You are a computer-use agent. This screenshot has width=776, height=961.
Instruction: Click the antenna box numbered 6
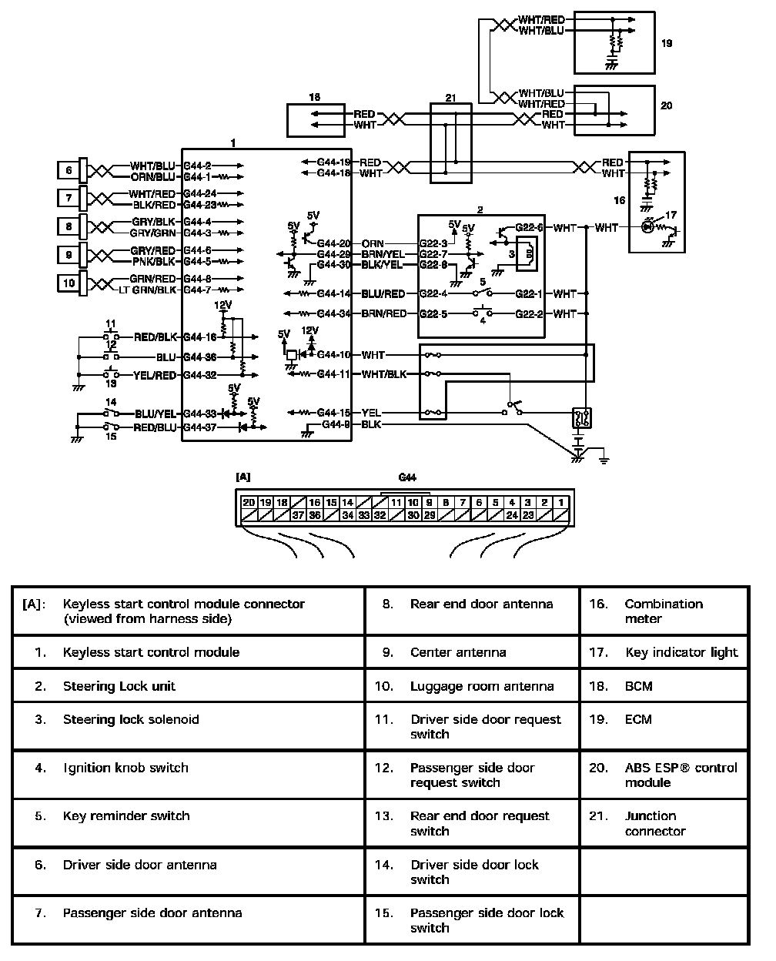point(69,170)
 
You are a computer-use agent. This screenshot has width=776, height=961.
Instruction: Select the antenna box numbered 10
point(69,283)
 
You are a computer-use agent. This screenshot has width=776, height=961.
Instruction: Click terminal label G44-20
point(333,243)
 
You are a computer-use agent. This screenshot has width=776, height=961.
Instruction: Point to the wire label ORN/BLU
point(153,176)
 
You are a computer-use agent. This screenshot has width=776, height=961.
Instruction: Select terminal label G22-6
point(529,228)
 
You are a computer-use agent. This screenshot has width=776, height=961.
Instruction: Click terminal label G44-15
point(334,413)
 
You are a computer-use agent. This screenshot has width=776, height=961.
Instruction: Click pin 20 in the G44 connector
point(249,502)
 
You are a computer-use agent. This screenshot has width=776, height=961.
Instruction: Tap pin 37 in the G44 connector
point(298,514)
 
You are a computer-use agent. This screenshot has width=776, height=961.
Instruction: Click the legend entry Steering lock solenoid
point(131,720)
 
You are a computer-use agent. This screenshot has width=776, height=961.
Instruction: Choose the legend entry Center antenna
point(458,652)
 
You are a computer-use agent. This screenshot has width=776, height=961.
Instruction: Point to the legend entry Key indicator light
point(681,652)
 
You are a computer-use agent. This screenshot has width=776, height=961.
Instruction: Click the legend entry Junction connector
point(650,823)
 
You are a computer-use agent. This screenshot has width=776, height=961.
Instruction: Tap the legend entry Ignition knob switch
point(125,768)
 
